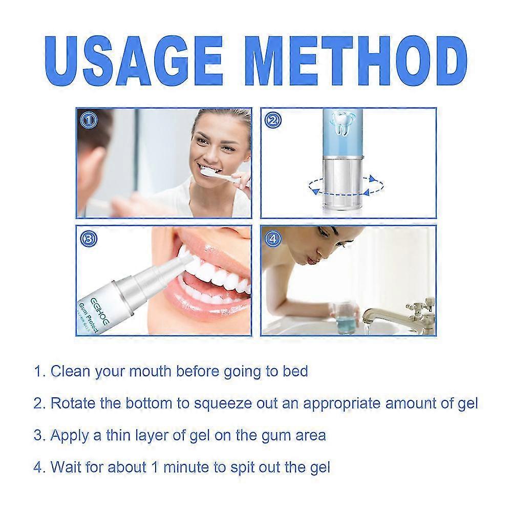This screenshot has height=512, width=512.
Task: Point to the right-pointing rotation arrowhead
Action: tap(373, 179)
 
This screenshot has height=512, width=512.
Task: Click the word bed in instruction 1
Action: tap(295, 371)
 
